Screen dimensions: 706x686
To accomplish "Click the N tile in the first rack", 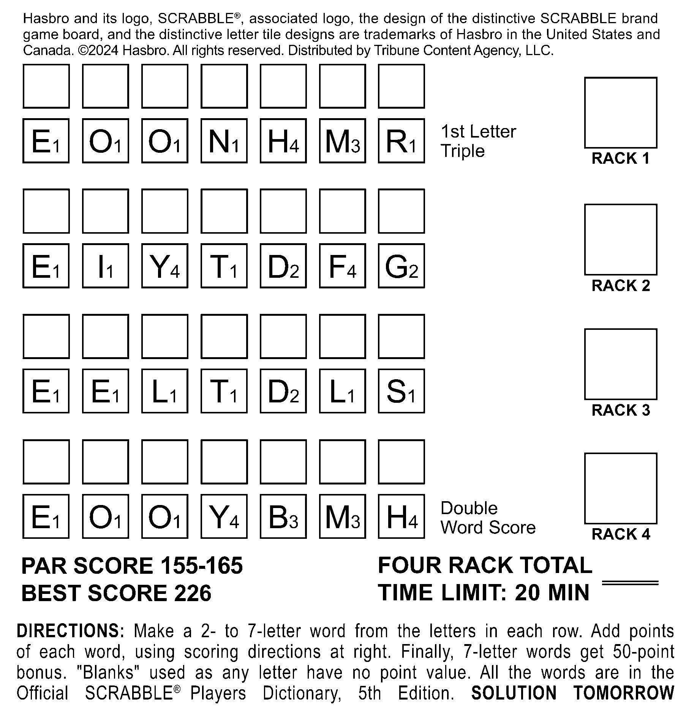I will tap(224, 141).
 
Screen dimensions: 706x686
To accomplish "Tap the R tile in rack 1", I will tap(401, 141).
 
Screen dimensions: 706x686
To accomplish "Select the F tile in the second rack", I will tap(342, 266).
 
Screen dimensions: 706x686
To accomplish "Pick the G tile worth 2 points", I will tap(401, 266).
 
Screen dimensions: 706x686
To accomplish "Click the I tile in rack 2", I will tap(105, 266).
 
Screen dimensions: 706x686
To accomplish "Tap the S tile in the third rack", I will tap(401, 391).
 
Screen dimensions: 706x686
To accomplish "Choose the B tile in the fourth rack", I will tap(283, 516).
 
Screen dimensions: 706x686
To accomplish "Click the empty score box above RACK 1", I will tap(620, 112).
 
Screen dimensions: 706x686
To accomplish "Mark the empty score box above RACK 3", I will tap(620, 364).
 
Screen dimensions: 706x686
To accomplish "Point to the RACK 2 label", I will tap(621, 286).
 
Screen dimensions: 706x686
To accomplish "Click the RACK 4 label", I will tap(621, 534).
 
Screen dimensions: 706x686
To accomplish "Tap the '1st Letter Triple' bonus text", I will tap(478, 141).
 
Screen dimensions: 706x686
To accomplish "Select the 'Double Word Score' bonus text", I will tap(488, 518).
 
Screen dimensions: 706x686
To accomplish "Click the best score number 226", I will tap(192, 593).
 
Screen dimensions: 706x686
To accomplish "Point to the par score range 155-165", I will tap(201, 565).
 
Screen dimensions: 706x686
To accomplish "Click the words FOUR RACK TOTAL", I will tap(485, 565).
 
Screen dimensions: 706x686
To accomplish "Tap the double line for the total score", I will tap(630, 583).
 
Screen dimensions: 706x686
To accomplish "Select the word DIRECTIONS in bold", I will tap(70, 631).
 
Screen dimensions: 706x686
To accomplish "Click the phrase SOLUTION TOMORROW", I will tap(572, 693).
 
